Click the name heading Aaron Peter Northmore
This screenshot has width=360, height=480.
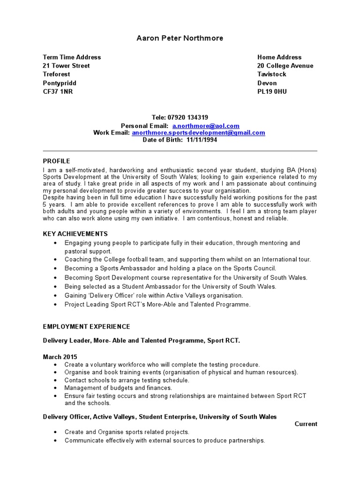tap(180, 38)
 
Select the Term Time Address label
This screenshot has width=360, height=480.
tap(72, 57)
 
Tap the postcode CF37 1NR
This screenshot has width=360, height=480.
tap(58, 91)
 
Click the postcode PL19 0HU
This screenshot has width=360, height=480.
tap(272, 91)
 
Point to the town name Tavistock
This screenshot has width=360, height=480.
tap(271, 74)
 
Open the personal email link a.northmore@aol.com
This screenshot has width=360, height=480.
tap(206, 126)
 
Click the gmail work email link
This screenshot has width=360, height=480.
tap(198, 133)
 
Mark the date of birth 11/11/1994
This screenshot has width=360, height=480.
tap(202, 140)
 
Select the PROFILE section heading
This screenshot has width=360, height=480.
tap(56, 161)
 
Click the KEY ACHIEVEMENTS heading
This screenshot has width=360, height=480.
tap(75, 233)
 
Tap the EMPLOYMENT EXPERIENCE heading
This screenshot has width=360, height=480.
tap(86, 326)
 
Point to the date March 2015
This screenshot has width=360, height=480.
tap(60, 357)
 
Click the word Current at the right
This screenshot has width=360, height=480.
tap(306, 424)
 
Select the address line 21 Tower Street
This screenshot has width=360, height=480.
tap(66, 66)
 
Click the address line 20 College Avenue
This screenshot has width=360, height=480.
tap(285, 66)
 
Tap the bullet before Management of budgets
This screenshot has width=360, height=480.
tap(56, 388)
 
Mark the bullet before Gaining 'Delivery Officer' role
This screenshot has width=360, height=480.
tap(56, 296)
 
